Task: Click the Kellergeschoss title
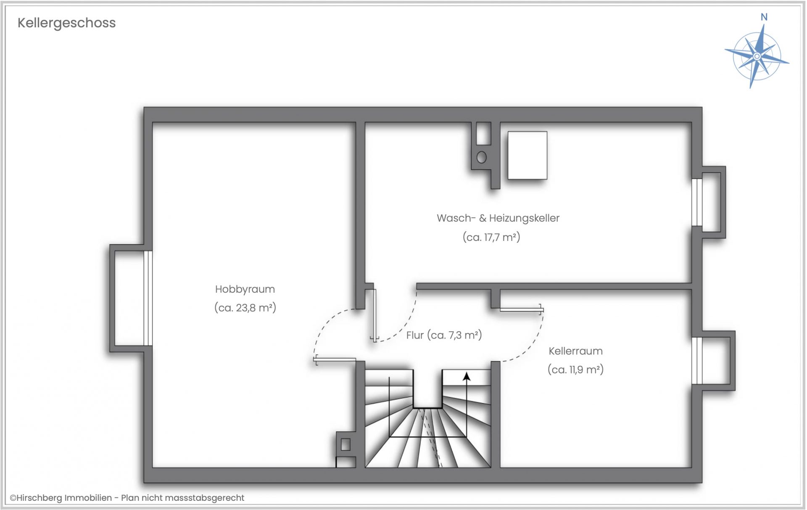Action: [x=66, y=23]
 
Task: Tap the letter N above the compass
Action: [x=764, y=17]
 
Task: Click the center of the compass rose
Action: [x=757, y=56]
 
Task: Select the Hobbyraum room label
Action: [x=245, y=289]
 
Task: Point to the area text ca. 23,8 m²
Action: [x=245, y=308]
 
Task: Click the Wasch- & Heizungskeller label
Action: [x=498, y=218]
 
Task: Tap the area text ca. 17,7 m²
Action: [x=491, y=237]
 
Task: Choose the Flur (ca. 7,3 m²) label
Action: [x=444, y=335]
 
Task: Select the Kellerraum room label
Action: [x=575, y=351]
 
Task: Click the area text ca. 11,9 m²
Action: [x=575, y=370]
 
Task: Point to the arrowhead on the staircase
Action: [x=467, y=376]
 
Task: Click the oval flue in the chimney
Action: [x=482, y=157]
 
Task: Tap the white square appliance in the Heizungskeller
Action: [x=527, y=155]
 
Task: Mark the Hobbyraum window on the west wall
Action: [x=148, y=298]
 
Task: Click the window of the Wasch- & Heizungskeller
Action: [x=697, y=202]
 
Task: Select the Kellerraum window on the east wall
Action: [x=697, y=361]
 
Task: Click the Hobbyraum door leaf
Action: [x=335, y=360]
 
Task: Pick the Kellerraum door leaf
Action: [x=522, y=310]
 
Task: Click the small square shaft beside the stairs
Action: [x=345, y=444]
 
